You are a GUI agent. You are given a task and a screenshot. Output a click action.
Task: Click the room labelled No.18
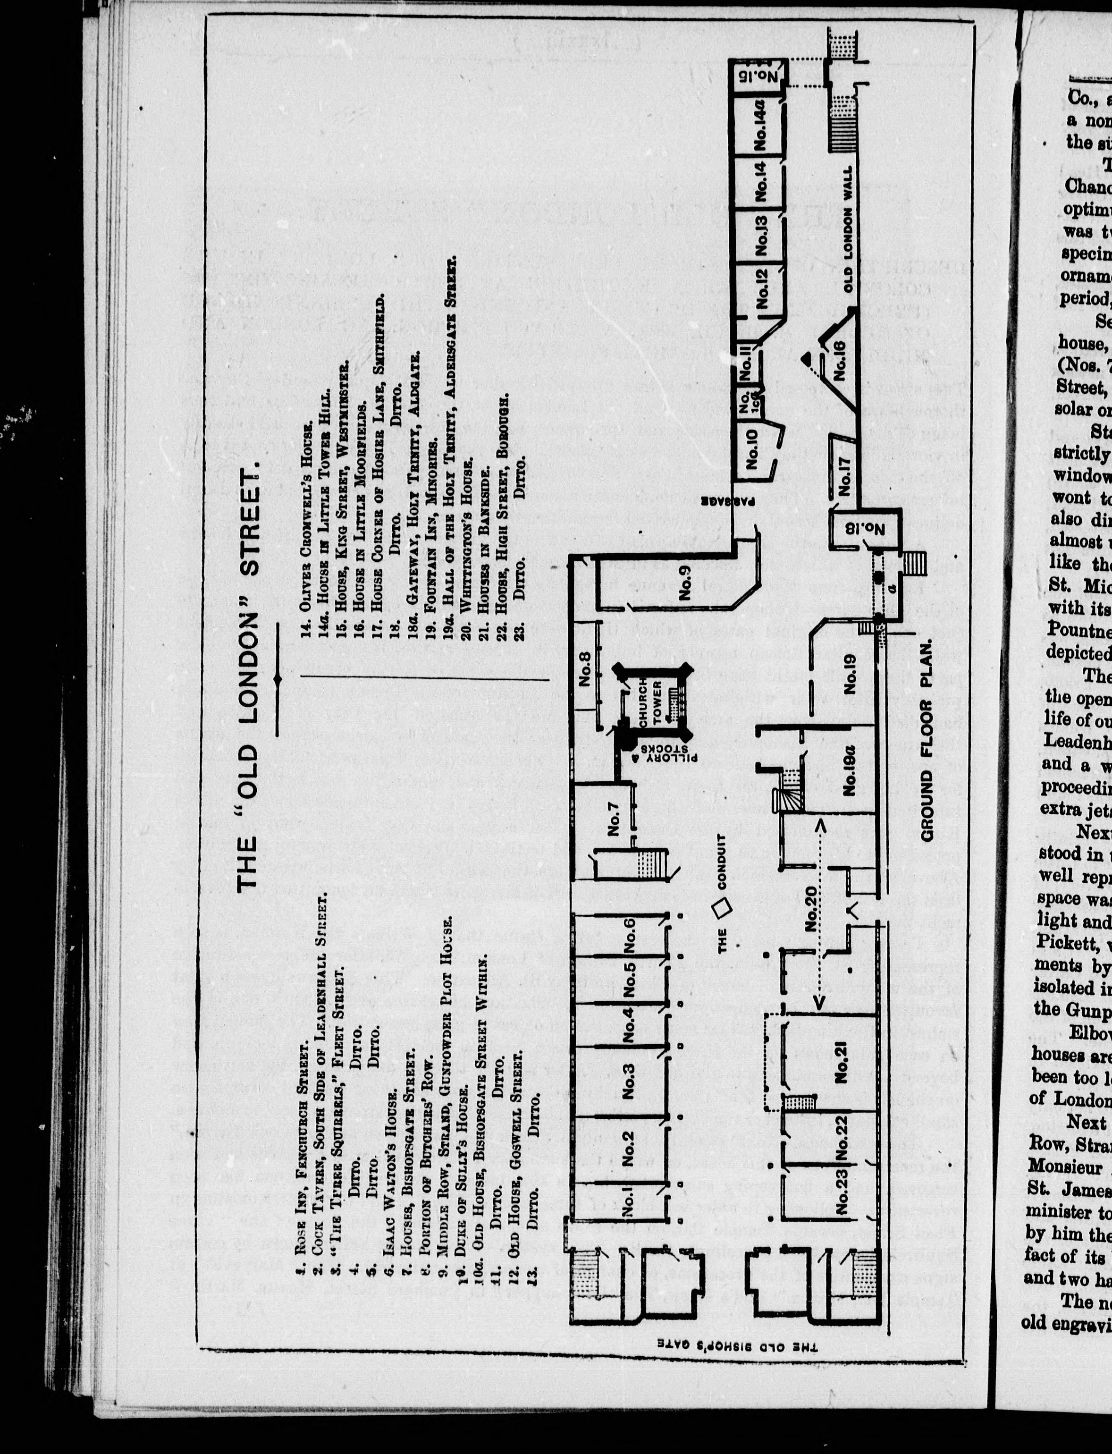tap(865, 530)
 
